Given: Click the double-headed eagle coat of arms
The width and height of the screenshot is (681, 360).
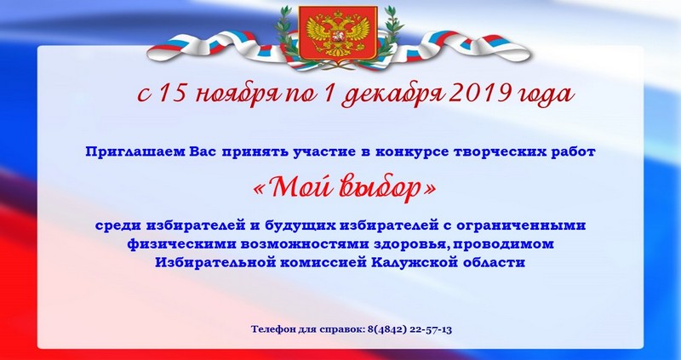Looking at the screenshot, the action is [338, 33].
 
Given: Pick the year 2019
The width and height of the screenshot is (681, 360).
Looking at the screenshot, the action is [472, 93].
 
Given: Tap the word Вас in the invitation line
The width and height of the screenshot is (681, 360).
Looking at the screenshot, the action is [204, 152].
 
